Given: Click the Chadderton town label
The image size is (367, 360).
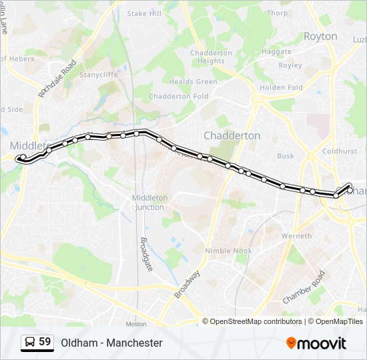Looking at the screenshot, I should coord(232,135).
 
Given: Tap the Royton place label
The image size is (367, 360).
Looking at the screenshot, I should coord(320,37).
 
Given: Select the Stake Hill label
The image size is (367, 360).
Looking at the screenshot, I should coord(144,13).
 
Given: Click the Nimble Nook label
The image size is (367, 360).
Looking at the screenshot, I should coord(228,251).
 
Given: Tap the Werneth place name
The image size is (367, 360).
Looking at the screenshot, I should coord(296,236).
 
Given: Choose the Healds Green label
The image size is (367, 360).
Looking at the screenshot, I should coord(193,82).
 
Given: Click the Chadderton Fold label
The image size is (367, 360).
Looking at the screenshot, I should coord(178,97).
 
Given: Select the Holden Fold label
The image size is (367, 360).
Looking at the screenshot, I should coord(281,87).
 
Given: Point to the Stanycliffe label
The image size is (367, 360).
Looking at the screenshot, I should coord(99,75).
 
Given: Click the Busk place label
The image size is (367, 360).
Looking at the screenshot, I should coord(286,156).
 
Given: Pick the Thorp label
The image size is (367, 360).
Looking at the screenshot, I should coord(277,13).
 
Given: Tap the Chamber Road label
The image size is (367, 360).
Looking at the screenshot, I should coord(304,287).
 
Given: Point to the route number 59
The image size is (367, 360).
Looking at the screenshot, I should coord(45,342).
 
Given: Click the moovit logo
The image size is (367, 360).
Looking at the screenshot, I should coord(316,343).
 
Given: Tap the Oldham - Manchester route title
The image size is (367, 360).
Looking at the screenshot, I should coord(111,343).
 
